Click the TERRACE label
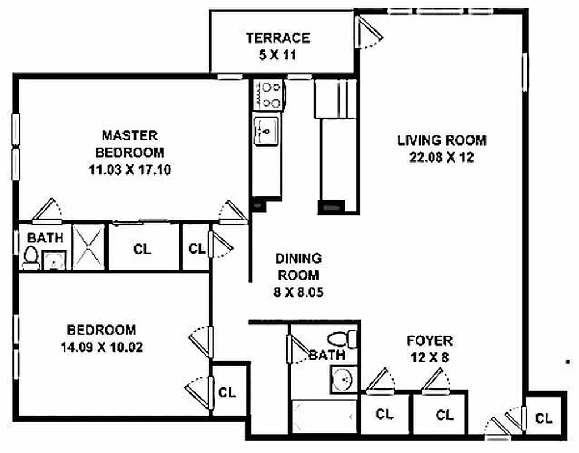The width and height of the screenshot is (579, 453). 278,38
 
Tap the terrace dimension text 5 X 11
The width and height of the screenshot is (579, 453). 278,55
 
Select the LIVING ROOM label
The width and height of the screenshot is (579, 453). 441,140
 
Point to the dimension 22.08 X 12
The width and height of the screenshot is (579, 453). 441,158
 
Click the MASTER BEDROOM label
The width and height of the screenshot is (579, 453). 130,144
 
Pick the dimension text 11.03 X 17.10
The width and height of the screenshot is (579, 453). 130,169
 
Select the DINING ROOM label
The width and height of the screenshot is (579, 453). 298,267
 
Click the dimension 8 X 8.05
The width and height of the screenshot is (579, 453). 298,293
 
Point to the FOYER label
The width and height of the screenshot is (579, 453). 429,341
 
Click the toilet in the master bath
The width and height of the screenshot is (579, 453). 31,258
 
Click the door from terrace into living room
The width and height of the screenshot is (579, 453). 370,33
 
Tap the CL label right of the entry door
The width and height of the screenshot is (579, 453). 544,418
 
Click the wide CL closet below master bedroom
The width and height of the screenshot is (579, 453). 143,249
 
